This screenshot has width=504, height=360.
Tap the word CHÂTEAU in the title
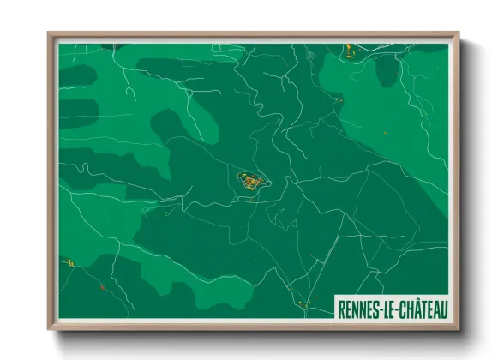[x=421, y=307]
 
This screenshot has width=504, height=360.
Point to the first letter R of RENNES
[x=342, y=307]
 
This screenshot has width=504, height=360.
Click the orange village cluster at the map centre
[x=251, y=181]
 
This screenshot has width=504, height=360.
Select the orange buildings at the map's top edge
[x=349, y=48]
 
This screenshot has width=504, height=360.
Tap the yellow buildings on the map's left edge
[x=68, y=262]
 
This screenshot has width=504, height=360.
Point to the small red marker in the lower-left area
[x=101, y=286]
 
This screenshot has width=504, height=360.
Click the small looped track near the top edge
[x=310, y=56]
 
